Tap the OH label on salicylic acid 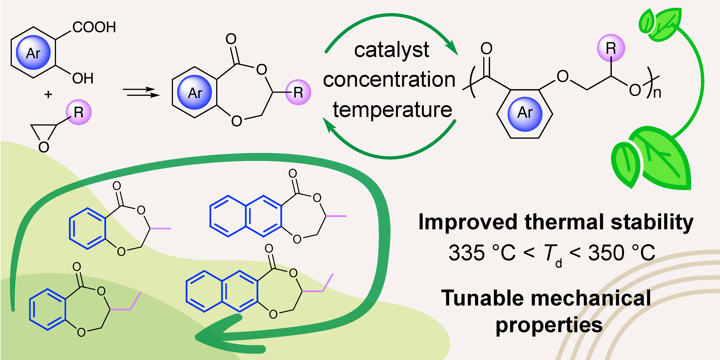pyautogui.click(x=83, y=78)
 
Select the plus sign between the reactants pyautogui.click(x=48, y=94)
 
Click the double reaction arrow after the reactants pyautogui.click(x=141, y=92)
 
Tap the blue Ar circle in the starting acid pyautogui.click(x=33, y=53)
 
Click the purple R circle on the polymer pyautogui.click(x=611, y=48)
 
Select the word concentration pyautogui.click(x=389, y=80)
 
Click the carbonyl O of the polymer pyautogui.click(x=486, y=49)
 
